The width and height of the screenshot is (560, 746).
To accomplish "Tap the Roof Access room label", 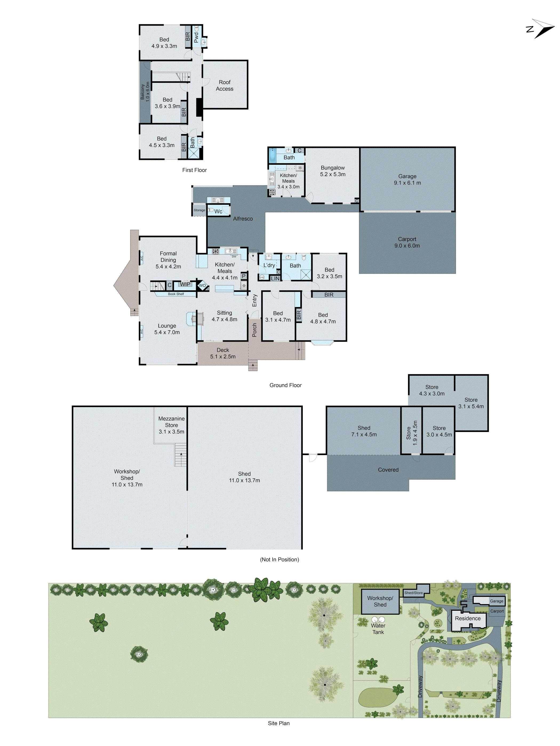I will click(225, 85).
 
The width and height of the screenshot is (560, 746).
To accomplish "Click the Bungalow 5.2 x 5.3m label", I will click(333, 171).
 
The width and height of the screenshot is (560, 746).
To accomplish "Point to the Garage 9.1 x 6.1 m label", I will click(407, 179).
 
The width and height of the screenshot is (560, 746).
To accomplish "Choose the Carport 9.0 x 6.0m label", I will click(407, 242).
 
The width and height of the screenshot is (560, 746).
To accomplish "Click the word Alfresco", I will click(243, 218).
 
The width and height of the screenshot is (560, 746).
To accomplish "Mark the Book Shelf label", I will click(176, 294).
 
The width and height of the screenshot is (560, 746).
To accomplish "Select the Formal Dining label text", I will click(168, 257).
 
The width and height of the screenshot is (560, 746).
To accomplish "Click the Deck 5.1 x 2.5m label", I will click(223, 353).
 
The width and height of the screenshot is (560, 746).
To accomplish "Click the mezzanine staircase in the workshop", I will click(181, 455).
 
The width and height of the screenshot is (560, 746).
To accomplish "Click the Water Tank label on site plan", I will click(378, 629).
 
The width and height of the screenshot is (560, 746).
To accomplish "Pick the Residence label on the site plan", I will click(467, 618).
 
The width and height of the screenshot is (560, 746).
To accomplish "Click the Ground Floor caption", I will click(285, 385).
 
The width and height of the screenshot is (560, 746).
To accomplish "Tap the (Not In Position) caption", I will click(279, 559).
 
